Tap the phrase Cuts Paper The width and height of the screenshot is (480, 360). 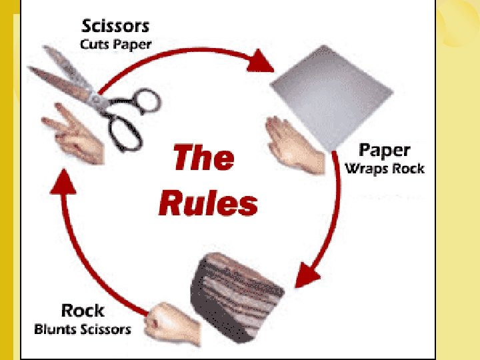[x=117, y=45]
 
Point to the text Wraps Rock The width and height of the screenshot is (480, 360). [x=384, y=168]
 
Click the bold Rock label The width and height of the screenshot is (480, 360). [x=83, y=310]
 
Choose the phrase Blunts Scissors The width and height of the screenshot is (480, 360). [x=83, y=329]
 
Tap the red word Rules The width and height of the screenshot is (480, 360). [x=208, y=203]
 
